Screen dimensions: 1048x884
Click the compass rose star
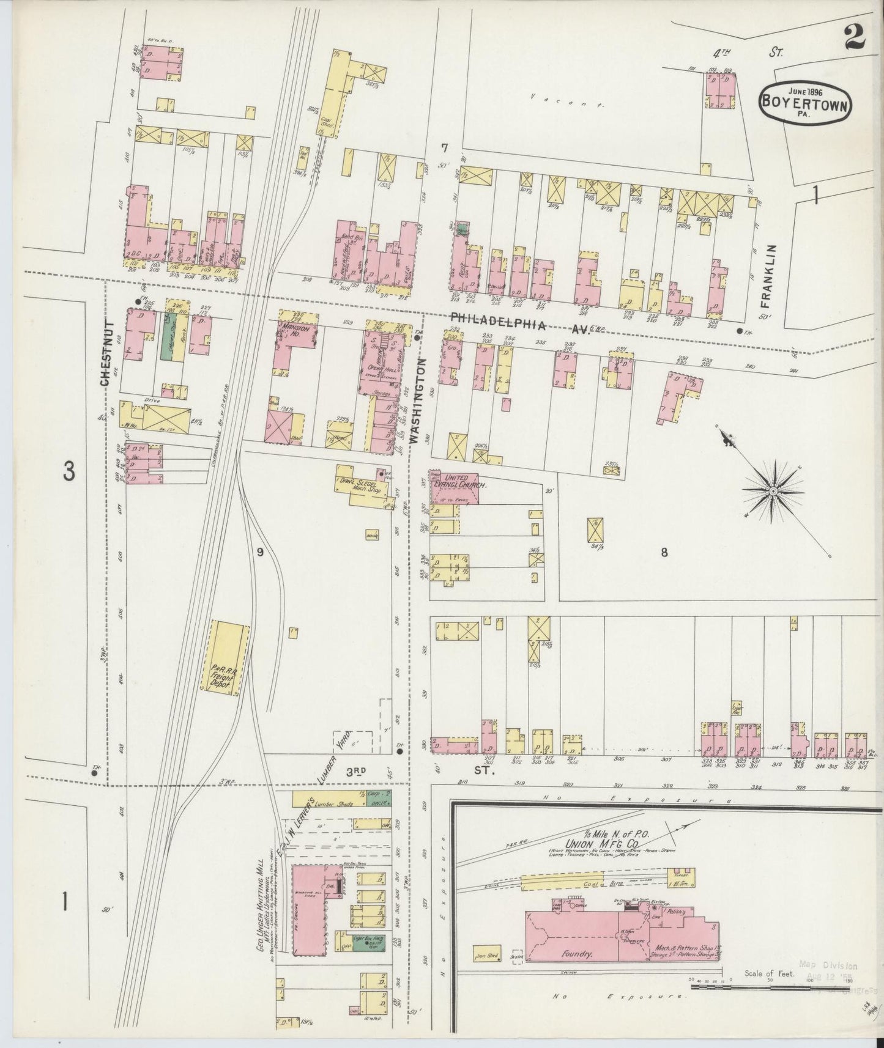point(773,491)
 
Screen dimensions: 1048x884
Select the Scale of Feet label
point(768,974)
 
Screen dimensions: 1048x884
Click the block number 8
point(664,553)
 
